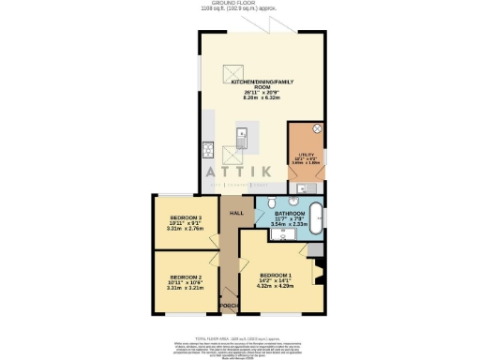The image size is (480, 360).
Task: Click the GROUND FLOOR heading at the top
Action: pyautogui.click(x=240, y=5)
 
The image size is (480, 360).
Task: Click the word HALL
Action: pyautogui.click(x=237, y=214)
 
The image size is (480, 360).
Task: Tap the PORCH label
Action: pyautogui.click(x=225, y=307)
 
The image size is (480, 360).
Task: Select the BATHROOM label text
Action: pyautogui.click(x=292, y=215)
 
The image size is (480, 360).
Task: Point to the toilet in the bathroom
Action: pyautogui.click(x=272, y=202)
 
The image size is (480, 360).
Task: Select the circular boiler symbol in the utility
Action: pyautogui.click(x=316, y=130)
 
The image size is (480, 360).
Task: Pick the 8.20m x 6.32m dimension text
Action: pyautogui.click(x=264, y=97)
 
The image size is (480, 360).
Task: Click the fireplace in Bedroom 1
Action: pyautogui.click(x=320, y=276)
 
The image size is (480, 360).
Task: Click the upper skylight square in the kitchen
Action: pyautogui.click(x=230, y=73)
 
